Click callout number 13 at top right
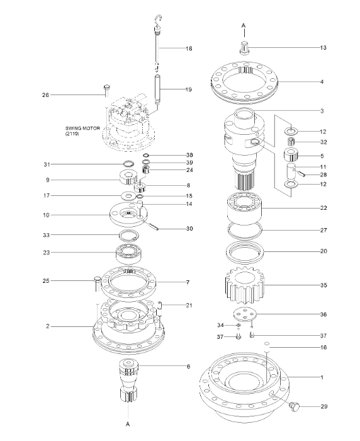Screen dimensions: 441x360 click(323, 47)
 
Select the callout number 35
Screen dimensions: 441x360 click(323, 285)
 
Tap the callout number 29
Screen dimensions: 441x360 click(323, 407)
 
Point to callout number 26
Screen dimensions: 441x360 click(45, 95)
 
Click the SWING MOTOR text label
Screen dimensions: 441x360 click(86, 130)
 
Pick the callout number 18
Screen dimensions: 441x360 click(188, 48)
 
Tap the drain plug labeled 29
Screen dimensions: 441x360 click(294, 408)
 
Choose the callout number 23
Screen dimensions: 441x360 click(45, 253)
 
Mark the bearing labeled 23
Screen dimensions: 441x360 click(130, 253)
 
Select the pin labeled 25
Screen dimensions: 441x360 click(98, 280)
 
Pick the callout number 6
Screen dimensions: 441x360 click(188, 366)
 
